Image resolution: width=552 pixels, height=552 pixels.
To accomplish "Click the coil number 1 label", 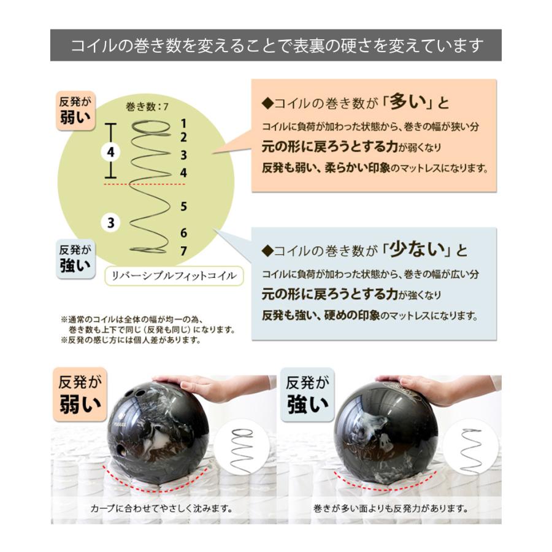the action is [x=183, y=123].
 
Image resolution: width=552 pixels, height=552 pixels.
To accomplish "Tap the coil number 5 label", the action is [x=183, y=206].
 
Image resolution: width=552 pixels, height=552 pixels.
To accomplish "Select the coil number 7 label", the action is [x=183, y=251].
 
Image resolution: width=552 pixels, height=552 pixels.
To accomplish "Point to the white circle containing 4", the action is [x=111, y=153].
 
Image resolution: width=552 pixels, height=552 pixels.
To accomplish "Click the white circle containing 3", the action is [x=111, y=223].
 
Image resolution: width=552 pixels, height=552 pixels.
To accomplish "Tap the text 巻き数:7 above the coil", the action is [x=147, y=106].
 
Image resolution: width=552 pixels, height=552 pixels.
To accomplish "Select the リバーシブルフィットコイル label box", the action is [x=174, y=275].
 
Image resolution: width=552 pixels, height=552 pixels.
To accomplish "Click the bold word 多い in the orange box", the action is [x=408, y=101].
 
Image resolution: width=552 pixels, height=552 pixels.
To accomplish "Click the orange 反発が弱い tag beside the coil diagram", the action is [x=75, y=111].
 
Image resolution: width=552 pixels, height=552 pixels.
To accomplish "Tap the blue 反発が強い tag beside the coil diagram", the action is [x=75, y=259].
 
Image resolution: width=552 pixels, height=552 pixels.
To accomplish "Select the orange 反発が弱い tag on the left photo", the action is [x=80, y=394].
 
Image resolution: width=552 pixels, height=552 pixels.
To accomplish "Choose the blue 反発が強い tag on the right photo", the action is [x=307, y=394].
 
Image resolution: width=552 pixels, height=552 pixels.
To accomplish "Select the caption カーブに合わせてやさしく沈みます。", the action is [x=162, y=508].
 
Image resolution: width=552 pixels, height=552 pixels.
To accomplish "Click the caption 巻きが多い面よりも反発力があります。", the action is [x=391, y=508].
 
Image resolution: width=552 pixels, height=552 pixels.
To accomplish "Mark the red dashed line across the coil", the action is [x=144, y=184].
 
